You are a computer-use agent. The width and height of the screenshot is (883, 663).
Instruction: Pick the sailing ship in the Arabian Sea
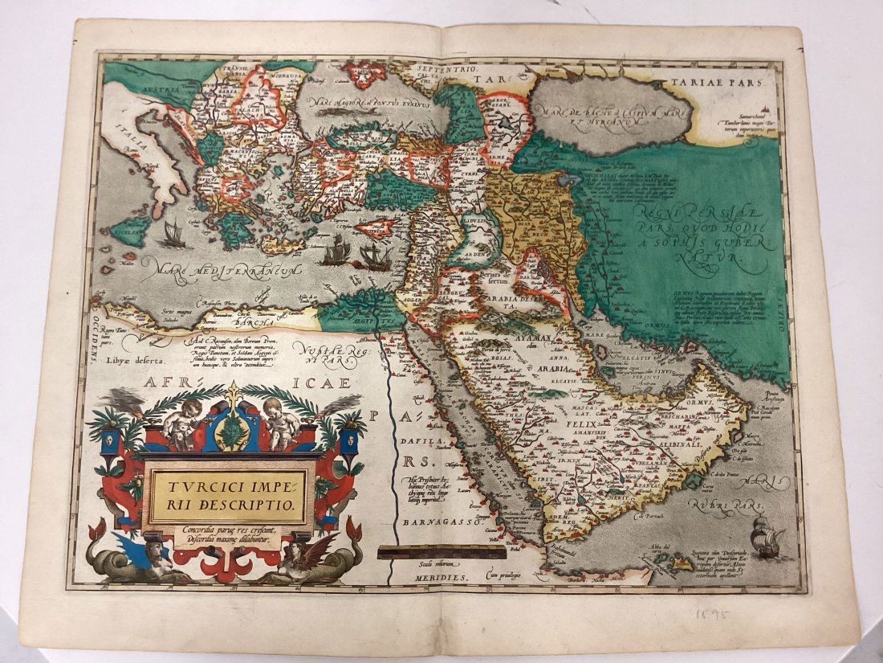768,536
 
